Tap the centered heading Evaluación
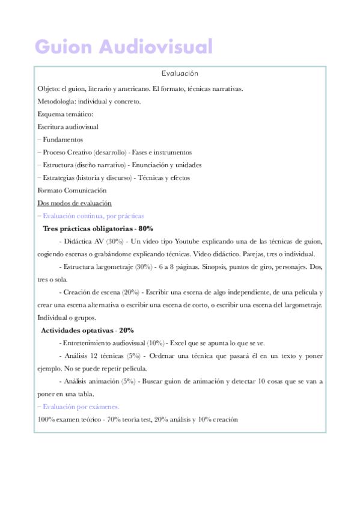click(x=180, y=73)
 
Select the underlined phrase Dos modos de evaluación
click(x=74, y=203)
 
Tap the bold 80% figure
click(x=145, y=229)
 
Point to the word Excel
click(x=179, y=343)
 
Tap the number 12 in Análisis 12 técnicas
click(x=88, y=355)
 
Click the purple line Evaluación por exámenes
click(x=80, y=407)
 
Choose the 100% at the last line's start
click(x=46, y=419)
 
